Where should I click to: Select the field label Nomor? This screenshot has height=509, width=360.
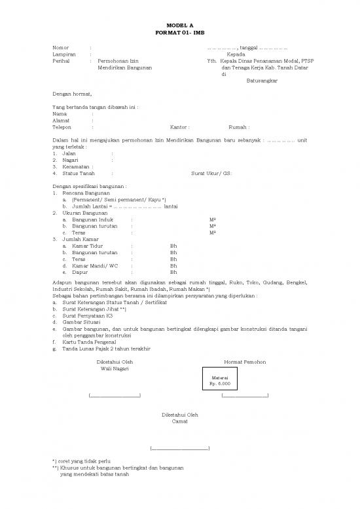(61, 48)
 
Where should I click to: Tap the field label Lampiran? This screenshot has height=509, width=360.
(63, 54)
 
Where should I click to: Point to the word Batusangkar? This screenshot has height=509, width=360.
(261, 81)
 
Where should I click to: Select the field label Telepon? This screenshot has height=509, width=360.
(63, 127)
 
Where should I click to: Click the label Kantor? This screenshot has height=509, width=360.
(179, 127)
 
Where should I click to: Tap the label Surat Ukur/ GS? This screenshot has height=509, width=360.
(211, 173)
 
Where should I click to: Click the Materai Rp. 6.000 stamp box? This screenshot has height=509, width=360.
(220, 381)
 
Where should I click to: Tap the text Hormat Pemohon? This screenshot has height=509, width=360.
(244, 362)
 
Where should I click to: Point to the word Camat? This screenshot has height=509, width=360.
(179, 421)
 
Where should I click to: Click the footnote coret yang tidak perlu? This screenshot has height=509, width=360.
(86, 462)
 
